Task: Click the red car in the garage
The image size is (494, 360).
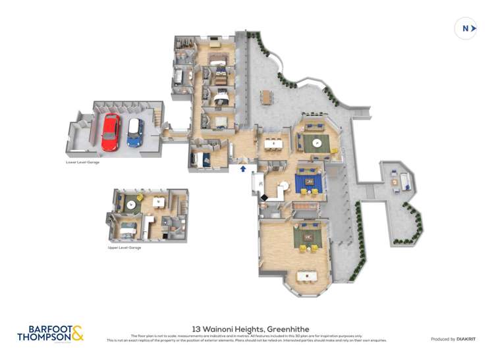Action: (x=110, y=132)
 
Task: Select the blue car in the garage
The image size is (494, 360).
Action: (x=135, y=132)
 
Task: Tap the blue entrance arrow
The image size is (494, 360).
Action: (x=243, y=169)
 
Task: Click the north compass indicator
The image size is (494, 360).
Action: (x=466, y=28)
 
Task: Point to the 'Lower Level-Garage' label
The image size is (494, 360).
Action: (x=82, y=162)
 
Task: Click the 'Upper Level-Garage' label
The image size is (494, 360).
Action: (x=124, y=247)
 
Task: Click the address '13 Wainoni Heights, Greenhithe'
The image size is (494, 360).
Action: (x=250, y=328)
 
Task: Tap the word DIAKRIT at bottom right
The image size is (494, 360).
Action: (x=466, y=339)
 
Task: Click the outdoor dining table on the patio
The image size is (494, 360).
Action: (x=266, y=97)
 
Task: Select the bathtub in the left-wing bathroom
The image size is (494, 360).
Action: (x=178, y=78)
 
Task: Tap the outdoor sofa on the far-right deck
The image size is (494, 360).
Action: (x=404, y=179)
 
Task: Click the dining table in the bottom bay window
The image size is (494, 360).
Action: (x=306, y=276)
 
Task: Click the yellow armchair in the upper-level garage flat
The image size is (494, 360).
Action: (x=140, y=198)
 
